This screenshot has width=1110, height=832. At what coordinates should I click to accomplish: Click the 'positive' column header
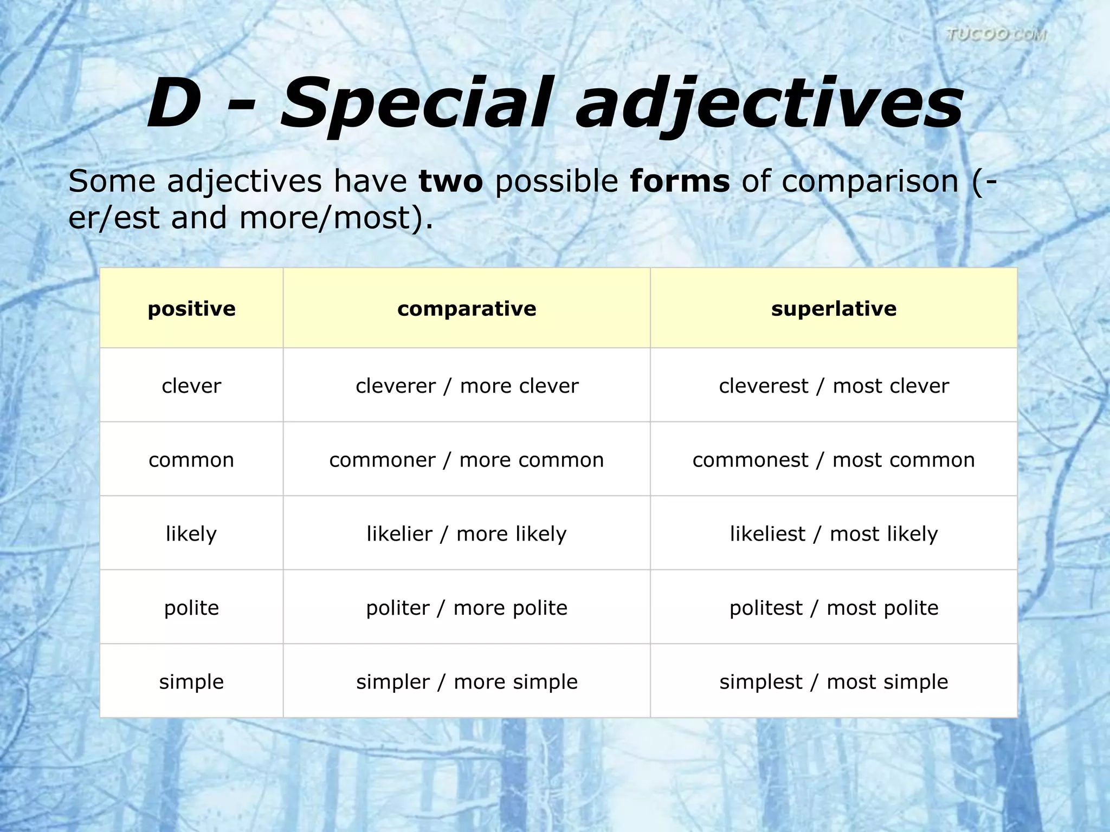[x=191, y=309]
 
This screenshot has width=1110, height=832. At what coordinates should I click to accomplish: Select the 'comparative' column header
[x=467, y=309]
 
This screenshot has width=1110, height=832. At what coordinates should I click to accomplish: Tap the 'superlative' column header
[x=834, y=309]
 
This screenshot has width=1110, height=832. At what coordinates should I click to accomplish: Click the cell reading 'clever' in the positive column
[x=191, y=386]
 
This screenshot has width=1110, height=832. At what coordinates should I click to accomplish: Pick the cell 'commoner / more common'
[x=467, y=460]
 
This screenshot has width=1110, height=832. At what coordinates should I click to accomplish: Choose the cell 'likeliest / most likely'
[x=834, y=534]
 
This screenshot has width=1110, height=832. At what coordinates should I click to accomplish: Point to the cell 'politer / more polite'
[x=467, y=608]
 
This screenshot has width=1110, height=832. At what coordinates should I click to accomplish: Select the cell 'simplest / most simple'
[x=834, y=681]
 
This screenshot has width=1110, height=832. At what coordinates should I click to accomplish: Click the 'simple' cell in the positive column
[x=191, y=681]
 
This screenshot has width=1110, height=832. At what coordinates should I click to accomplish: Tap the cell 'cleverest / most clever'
[x=834, y=386]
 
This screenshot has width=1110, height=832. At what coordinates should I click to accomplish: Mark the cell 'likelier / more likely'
[x=467, y=534]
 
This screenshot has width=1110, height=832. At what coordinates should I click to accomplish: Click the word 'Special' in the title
[x=416, y=104]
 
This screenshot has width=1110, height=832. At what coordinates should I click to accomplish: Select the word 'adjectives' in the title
[x=770, y=104]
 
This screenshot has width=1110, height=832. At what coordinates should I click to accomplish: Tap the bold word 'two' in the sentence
[x=450, y=181]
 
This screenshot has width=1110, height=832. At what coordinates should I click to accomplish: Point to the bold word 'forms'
[x=680, y=181]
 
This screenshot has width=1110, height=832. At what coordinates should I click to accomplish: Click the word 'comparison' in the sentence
[x=870, y=182]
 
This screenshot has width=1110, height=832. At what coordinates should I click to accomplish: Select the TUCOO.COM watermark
[x=996, y=35]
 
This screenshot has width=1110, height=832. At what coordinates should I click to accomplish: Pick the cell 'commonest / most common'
[x=834, y=460]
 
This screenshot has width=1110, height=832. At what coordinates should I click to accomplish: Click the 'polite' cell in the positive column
[x=191, y=608]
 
